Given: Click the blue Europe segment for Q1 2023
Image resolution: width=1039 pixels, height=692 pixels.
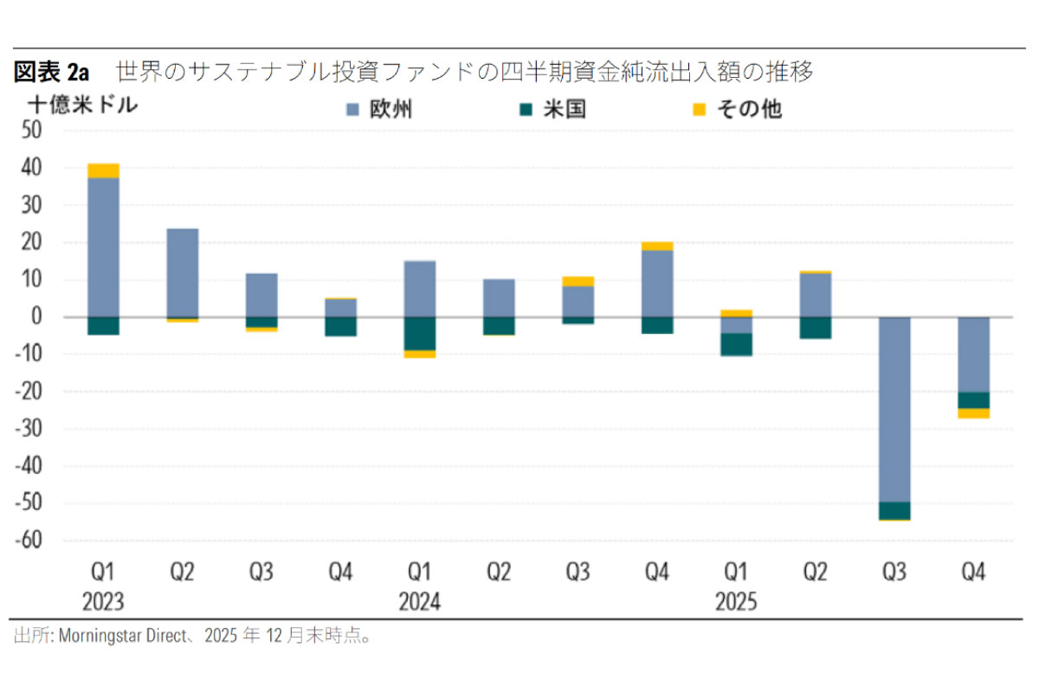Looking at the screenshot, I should pos(103,247).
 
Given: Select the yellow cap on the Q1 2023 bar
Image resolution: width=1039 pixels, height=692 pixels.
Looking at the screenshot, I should pos(103,170).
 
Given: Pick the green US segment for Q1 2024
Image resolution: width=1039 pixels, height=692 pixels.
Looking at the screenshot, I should pos(419,334).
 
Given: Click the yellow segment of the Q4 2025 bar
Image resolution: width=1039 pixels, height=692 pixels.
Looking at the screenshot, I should pos(973,413).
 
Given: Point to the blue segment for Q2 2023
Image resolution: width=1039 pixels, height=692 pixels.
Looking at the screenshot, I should pos(182,272).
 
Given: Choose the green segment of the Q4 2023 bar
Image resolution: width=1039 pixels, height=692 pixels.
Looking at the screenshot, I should pos(340,326).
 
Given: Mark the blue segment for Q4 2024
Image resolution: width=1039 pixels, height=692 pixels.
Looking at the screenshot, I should pos(656,284).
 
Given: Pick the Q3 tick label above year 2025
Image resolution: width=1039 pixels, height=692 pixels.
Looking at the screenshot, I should pos(894,572).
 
